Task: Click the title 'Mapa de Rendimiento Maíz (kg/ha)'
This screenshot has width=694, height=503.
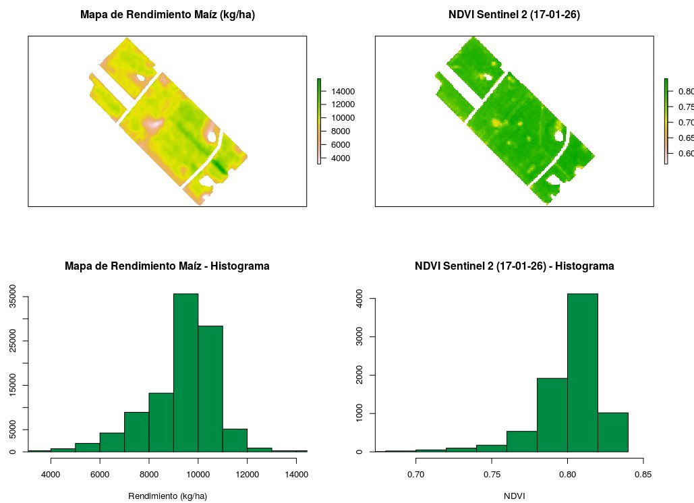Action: click(x=167, y=14)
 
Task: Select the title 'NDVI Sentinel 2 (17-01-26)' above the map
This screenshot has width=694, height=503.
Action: click(x=514, y=14)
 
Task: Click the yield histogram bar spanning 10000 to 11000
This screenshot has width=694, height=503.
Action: click(x=210, y=388)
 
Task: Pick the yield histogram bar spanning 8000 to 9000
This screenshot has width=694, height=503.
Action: click(x=161, y=422)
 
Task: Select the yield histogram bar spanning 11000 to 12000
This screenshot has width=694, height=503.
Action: click(x=235, y=440)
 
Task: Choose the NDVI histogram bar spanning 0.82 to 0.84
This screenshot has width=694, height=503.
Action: click(x=612, y=432)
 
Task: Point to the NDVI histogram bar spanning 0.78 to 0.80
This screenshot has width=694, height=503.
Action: click(x=552, y=415)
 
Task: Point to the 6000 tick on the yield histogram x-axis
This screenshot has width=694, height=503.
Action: click(x=100, y=474)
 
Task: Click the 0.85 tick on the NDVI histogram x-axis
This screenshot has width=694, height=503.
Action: click(x=643, y=474)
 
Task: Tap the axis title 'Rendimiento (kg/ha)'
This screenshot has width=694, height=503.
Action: click(x=167, y=496)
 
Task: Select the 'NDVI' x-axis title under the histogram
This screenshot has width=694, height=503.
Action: click(x=514, y=496)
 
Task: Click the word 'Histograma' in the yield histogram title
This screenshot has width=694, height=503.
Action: click(x=239, y=266)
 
